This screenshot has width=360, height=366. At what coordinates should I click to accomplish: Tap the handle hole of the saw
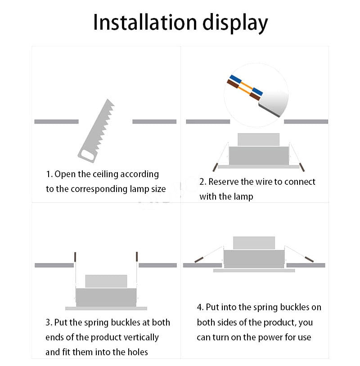(87, 155)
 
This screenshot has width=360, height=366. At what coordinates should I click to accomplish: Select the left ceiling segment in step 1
(56, 121)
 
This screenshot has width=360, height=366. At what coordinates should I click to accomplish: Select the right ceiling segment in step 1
(154, 121)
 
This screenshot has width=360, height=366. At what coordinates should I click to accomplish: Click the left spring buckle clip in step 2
(215, 167)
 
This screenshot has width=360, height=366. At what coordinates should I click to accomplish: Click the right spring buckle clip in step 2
(301, 167)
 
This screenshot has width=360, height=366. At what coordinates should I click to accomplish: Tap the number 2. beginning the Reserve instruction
(203, 182)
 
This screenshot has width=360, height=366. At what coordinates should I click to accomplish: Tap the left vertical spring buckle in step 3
(75, 257)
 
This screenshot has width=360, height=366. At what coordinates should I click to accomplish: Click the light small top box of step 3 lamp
(106, 281)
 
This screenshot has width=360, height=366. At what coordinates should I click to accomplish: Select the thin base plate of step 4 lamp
(254, 271)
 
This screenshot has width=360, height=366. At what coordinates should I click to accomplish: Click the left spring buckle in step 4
(199, 259)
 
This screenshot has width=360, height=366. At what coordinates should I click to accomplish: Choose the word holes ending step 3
(137, 352)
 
